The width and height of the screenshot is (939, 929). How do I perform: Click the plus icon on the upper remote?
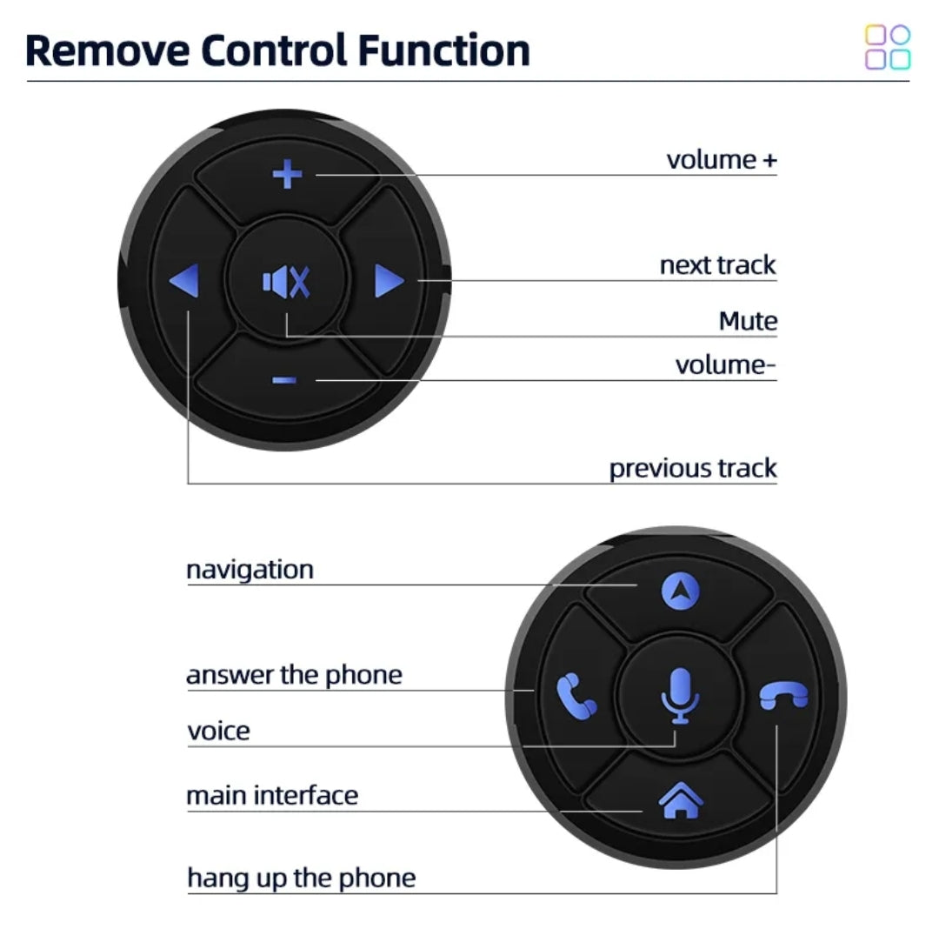pos(287,174)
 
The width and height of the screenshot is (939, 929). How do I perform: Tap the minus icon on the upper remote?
pos(284,380)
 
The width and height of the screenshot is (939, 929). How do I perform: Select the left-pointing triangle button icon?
pos(184,282)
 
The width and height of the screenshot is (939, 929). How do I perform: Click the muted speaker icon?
pos(286,282)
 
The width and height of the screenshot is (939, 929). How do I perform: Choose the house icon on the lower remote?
pos(681,800)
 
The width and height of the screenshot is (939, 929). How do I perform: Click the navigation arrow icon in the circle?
pos(680,591)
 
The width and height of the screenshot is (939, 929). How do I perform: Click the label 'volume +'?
pos(721,160)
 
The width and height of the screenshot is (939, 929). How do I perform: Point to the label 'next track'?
pos(717,264)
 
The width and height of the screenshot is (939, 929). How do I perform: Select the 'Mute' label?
pos(748,321)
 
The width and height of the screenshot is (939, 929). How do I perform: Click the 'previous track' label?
pos(692,468)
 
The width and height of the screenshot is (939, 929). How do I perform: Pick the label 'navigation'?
pos(250,571)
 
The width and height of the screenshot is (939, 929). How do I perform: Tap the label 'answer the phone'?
pos(294,675)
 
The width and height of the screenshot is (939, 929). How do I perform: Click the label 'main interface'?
pos(272,795)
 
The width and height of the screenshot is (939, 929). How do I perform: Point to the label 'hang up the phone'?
pos(301,878)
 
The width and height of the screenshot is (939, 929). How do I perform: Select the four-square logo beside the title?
pos(887,47)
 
